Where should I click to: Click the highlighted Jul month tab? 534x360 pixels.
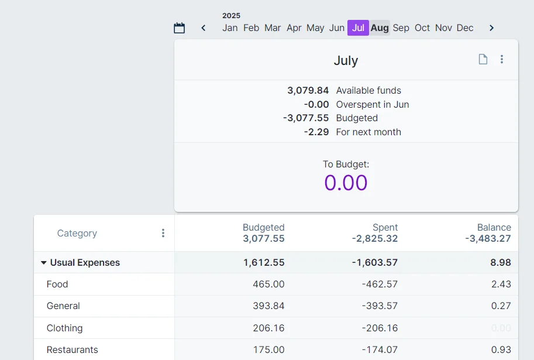click(358, 28)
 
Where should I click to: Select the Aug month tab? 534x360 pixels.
click(380, 28)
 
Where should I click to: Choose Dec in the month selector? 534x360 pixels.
click(465, 28)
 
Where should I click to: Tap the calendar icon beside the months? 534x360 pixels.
click(180, 28)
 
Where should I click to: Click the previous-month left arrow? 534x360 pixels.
click(204, 28)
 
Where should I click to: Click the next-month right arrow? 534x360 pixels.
click(491, 28)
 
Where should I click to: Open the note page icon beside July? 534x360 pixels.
click(483, 59)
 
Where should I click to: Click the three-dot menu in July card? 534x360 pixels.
click(502, 59)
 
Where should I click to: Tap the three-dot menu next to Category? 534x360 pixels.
click(163, 233)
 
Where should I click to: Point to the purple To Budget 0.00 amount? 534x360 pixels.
click(346, 183)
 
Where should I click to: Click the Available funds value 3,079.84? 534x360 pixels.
click(308, 91)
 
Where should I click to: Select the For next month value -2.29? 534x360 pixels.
click(316, 132)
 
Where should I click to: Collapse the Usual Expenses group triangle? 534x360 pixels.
click(43, 263)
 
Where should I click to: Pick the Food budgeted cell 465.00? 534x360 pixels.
click(268, 284)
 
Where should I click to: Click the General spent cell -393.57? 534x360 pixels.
click(380, 306)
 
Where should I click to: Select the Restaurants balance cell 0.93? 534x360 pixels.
click(501, 350)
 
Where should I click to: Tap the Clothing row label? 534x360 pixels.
click(65, 328)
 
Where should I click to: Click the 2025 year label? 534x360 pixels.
click(231, 16)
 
